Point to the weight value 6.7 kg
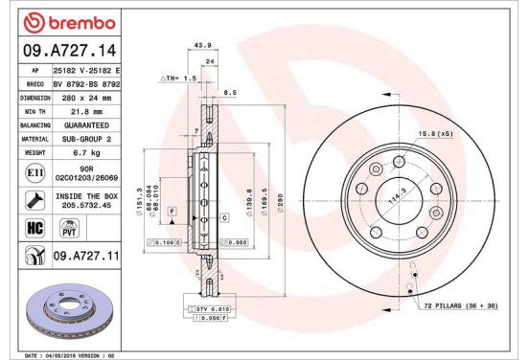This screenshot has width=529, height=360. point(88,151)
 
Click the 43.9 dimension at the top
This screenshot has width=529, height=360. point(202,45)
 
